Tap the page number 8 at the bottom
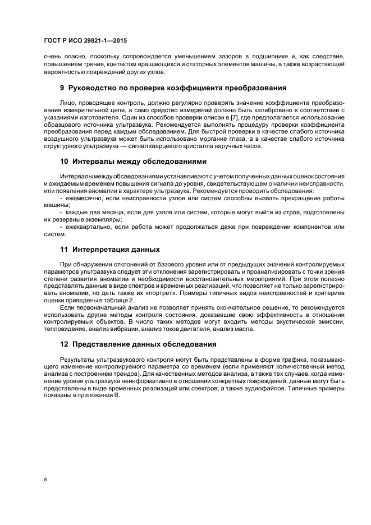pos(45,480)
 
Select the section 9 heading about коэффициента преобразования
pos(173,88)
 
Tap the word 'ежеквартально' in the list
pos(86,227)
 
